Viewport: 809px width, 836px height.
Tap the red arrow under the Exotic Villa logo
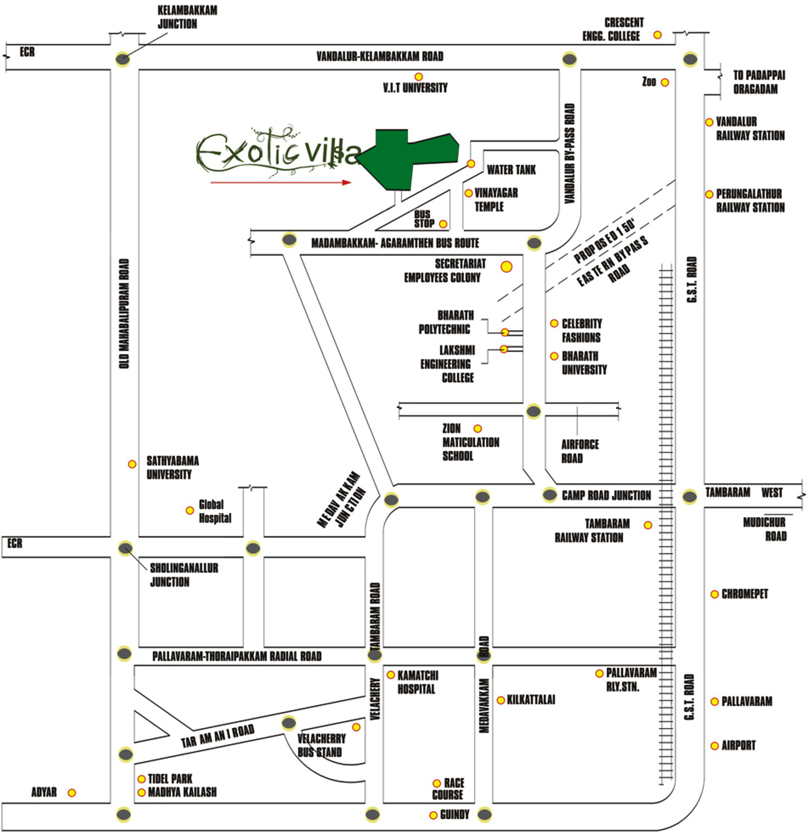point(281,183)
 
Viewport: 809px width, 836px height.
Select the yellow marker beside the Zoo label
point(665,83)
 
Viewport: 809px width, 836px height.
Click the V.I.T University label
point(415,88)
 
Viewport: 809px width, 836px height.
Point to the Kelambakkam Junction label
point(187,17)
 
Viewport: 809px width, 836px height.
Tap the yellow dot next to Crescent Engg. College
point(658,35)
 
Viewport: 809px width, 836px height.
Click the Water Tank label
point(511,170)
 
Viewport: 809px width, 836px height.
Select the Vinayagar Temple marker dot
point(469,194)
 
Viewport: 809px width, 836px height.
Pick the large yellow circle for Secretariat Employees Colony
point(507,267)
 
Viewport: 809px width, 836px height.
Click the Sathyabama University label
point(173,468)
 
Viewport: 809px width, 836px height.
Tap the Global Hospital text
point(215,511)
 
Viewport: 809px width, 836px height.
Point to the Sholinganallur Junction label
point(184,575)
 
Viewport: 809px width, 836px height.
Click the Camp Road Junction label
point(606,496)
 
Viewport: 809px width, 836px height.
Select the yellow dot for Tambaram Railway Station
point(648,525)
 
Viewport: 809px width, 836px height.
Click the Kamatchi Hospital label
point(418,682)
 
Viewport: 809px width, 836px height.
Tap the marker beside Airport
point(714,746)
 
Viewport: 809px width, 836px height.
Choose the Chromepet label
point(744,594)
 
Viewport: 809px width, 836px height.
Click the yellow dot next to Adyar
point(72,793)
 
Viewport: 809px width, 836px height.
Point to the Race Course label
point(448,789)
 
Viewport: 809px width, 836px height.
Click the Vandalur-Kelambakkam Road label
point(380,57)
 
